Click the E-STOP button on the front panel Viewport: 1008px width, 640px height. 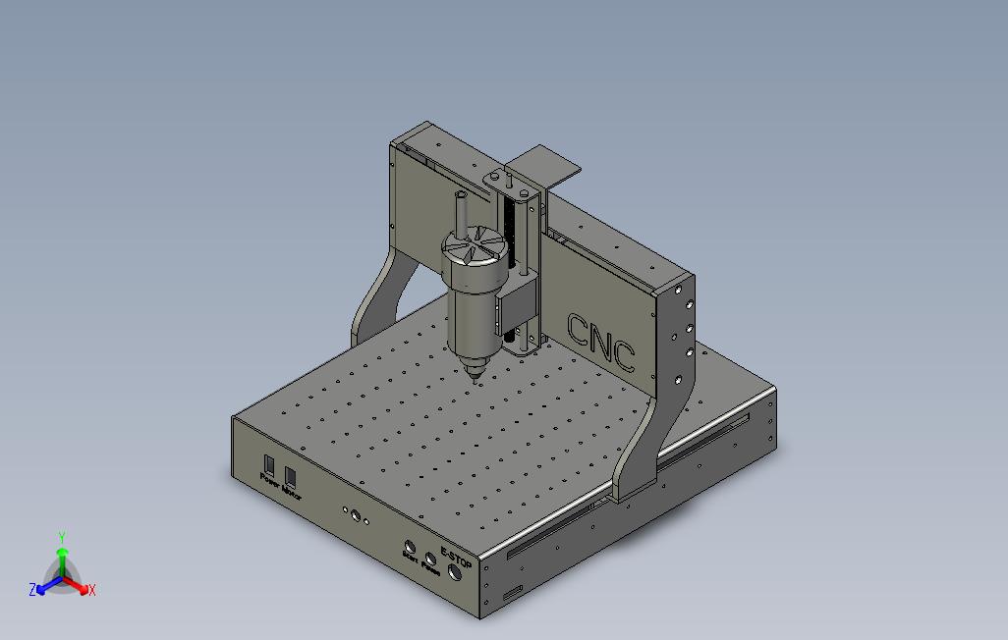(455, 574)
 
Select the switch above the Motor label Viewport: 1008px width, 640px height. (290, 476)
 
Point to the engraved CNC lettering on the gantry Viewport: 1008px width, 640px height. (601, 341)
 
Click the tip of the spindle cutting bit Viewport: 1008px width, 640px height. (476, 381)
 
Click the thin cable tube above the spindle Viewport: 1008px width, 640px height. (462, 210)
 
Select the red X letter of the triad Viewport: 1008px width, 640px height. (91, 590)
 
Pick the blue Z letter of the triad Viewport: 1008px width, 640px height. (32, 590)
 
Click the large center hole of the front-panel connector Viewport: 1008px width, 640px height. (355, 514)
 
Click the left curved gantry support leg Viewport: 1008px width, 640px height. (378, 294)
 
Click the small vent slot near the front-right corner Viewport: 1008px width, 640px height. (512, 595)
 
